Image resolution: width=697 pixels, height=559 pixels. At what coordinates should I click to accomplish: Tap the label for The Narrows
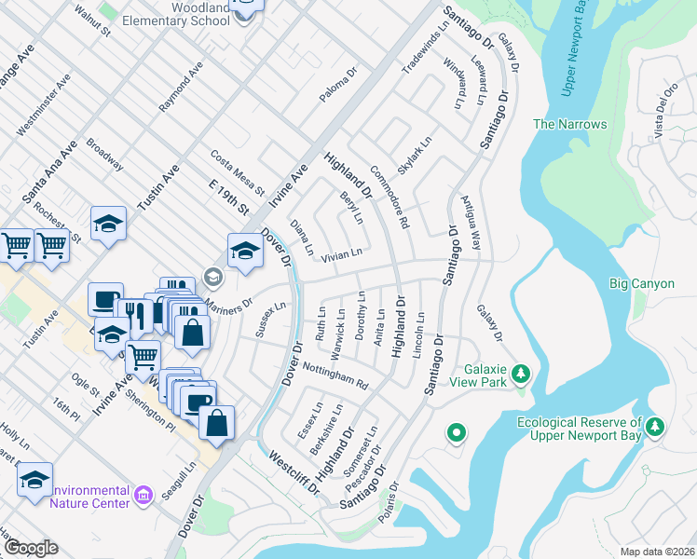(x=569, y=124)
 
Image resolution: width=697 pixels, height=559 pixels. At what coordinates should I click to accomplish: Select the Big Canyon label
(x=641, y=283)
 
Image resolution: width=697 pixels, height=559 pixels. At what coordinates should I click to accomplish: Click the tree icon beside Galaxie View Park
(x=522, y=375)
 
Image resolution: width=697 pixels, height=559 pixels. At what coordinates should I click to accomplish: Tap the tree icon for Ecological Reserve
(x=658, y=426)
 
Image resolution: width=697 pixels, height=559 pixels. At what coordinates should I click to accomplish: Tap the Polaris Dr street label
(x=394, y=497)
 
